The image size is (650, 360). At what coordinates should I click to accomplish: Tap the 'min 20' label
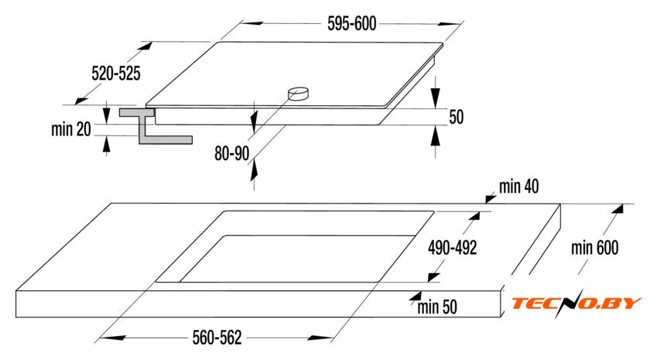click(x=72, y=130)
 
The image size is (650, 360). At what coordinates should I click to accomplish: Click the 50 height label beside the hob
click(x=456, y=118)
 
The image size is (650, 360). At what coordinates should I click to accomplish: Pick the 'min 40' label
click(x=518, y=186)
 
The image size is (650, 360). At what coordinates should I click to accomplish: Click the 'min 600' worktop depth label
click(x=596, y=248)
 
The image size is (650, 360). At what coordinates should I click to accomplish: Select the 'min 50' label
click(x=438, y=307)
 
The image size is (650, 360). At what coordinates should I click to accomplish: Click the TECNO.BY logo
click(x=576, y=303)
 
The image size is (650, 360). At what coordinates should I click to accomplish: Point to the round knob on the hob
click(x=297, y=94)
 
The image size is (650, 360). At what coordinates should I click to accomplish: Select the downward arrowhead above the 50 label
click(x=436, y=98)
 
